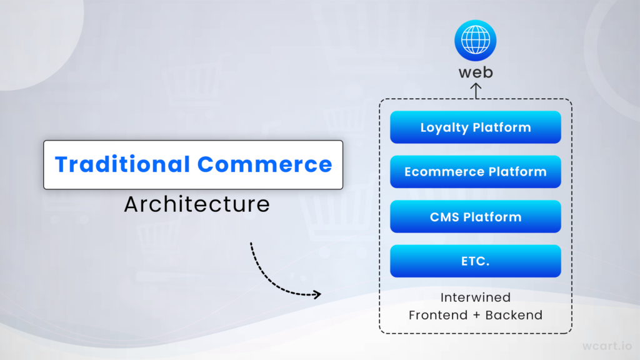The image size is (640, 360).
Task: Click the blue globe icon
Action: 476,41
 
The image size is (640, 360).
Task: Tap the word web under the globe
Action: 476,72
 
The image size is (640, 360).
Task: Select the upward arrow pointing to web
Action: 476,91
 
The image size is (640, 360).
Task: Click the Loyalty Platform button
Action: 476,127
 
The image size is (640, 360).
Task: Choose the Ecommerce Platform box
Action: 476,171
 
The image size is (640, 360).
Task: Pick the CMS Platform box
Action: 476,216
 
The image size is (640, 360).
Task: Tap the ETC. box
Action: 476,261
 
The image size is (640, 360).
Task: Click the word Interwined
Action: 476,297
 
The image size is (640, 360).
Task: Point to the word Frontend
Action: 438,315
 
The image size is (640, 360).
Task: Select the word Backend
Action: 514,315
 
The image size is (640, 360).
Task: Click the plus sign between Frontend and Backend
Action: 476,316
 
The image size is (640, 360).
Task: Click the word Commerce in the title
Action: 265,164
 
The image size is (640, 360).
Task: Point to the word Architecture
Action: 197,204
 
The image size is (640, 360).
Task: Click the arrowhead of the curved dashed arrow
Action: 317,294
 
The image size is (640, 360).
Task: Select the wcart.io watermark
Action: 607,346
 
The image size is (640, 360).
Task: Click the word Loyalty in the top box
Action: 444,127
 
